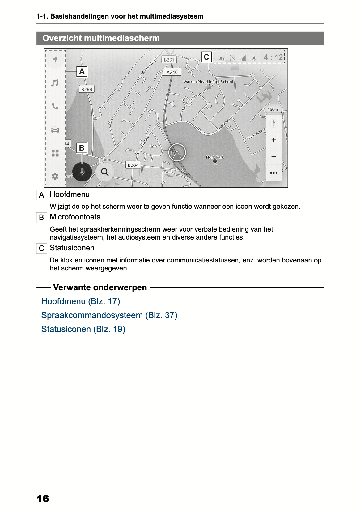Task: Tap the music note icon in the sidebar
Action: [x=55, y=83]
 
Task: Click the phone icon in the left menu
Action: [x=55, y=106]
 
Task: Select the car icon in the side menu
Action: [x=55, y=130]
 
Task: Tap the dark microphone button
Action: [x=82, y=172]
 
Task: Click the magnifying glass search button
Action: [x=105, y=172]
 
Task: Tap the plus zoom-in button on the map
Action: [x=273, y=140]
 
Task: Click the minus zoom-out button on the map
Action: [x=273, y=156]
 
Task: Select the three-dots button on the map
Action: [x=273, y=173]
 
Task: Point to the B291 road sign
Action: [x=169, y=60]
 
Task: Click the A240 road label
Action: [x=172, y=72]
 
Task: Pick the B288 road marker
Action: [x=87, y=89]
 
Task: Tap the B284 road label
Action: [x=133, y=165]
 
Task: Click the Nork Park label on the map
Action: [x=215, y=157]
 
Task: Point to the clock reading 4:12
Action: [x=273, y=57]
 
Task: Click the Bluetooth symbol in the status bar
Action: [x=254, y=58]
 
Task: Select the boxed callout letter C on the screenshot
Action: [x=206, y=57]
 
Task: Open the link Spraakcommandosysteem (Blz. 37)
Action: [x=109, y=315]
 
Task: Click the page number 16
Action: [x=43, y=499]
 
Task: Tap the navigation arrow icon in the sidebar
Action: [x=55, y=59]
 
